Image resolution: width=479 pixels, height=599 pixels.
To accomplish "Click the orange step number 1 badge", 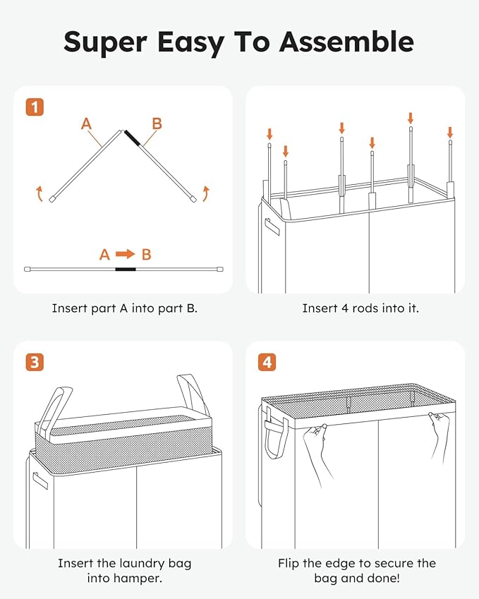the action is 35,107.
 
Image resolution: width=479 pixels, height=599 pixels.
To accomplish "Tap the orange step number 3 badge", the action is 35,362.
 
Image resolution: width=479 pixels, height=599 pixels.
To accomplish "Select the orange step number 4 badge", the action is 267,362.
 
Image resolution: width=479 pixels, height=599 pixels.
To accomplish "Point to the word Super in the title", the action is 105,43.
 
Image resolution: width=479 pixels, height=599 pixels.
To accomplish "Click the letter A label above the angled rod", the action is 86,123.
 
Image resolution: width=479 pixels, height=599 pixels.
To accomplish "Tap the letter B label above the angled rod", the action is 157,123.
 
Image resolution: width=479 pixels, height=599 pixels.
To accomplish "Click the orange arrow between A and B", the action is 126,254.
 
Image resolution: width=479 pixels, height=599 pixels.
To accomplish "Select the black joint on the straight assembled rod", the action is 126,270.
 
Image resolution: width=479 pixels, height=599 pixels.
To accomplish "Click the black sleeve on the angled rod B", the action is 132,138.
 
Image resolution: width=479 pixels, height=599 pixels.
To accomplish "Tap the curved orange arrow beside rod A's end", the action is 40,194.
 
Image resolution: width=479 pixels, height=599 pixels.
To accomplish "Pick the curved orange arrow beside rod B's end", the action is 206,194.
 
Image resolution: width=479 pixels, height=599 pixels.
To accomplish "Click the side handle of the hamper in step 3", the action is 40,480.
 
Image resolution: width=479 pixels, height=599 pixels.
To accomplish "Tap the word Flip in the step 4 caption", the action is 289,564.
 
